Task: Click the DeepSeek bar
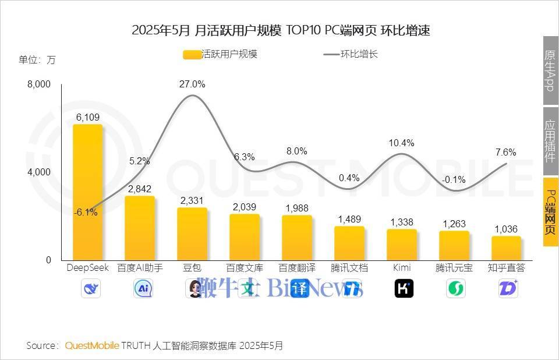click(87, 192)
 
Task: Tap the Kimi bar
click(402, 245)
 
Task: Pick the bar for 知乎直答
click(506, 248)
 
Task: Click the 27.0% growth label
click(192, 84)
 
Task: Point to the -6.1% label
click(86, 213)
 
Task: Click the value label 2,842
click(140, 188)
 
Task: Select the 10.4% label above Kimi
click(402, 143)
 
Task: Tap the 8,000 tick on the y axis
click(40, 84)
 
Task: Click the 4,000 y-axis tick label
click(40, 172)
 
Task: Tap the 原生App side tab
click(550, 70)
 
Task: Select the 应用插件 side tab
click(550, 141)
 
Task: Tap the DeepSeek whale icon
click(91, 288)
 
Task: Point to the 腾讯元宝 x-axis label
click(454, 268)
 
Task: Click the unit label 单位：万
click(37, 60)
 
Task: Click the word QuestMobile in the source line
click(92, 345)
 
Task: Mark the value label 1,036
click(506, 229)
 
